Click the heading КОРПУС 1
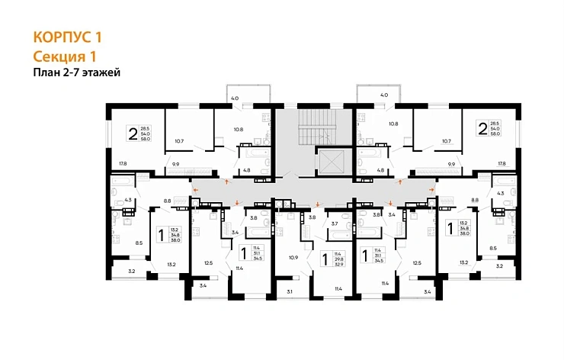pos(67,36)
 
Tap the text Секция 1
pos(65,56)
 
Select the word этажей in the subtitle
pos(101,72)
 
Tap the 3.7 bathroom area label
pos(334,223)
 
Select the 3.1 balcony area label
pos(289,291)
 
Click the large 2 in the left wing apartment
pos(133,134)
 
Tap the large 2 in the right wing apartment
pos(482,127)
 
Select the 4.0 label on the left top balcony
pos(235,98)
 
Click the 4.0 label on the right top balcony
pos(384,95)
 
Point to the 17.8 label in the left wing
pos(123,163)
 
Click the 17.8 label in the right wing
pos(502,163)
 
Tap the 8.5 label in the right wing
pos(493,248)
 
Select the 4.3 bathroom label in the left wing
pos(128,200)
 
